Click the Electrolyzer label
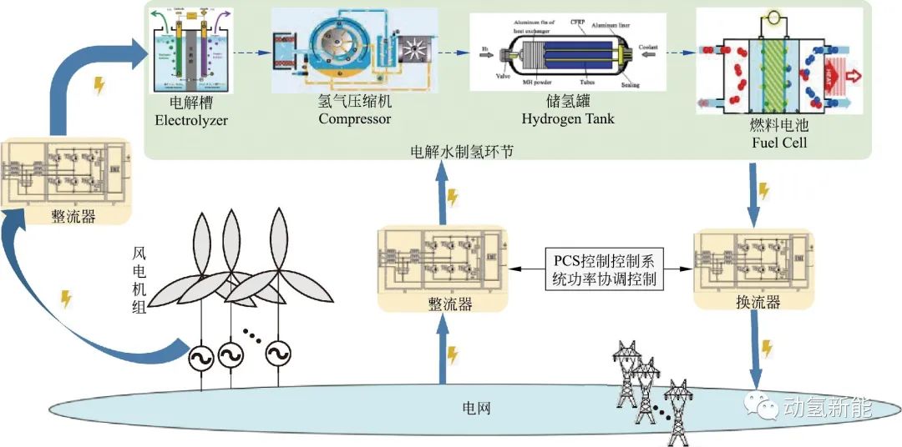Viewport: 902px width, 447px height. (x=191, y=120)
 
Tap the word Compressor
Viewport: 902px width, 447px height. (x=354, y=119)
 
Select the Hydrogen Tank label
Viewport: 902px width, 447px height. (x=567, y=119)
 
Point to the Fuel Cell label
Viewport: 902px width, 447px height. (x=776, y=143)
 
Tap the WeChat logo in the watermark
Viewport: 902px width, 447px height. (x=763, y=407)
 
